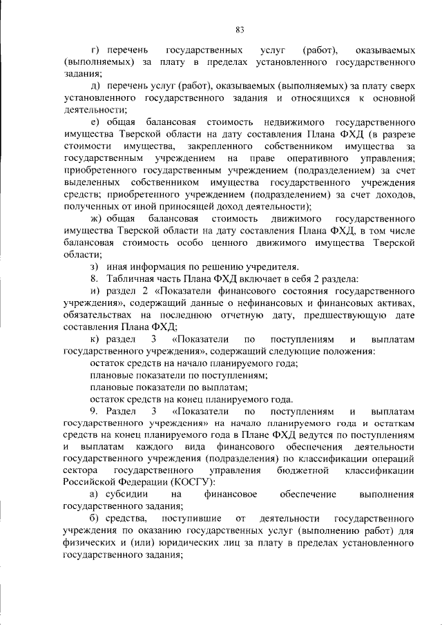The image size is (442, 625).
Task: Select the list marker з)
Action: pyautogui.click(x=96, y=266)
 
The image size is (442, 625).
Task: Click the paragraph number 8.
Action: pyautogui.click(x=95, y=278)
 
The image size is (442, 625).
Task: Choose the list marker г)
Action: pyautogui.click(x=95, y=51)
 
